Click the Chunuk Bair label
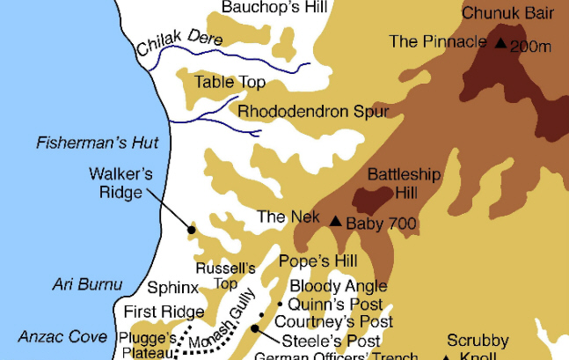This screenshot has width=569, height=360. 508,13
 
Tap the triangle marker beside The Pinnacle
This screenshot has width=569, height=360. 500,43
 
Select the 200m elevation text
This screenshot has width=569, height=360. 530,46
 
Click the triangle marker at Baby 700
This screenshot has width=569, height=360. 335,221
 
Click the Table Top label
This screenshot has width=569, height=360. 230,83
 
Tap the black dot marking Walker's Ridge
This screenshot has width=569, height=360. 191,230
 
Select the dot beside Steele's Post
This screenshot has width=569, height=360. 254,329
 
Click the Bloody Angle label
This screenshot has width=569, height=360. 339,286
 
